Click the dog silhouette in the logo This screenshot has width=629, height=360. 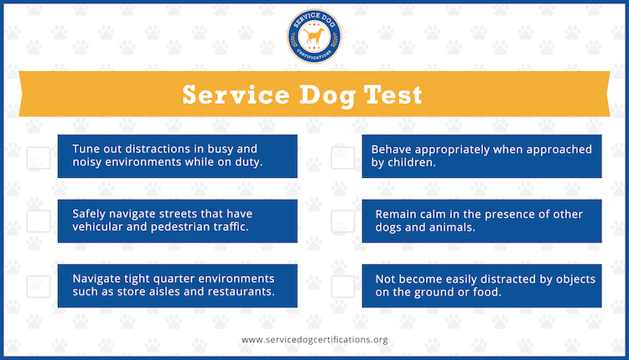click(x=314, y=36)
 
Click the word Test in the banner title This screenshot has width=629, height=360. click(x=392, y=95)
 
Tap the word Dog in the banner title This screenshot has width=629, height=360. click(x=327, y=96)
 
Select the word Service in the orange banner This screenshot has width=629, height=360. click(x=236, y=95)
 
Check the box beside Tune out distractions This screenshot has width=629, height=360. click(x=39, y=158)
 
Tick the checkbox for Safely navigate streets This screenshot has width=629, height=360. click(x=39, y=222)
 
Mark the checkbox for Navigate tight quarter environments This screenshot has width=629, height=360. click(x=39, y=286)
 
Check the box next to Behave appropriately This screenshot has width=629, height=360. click(x=343, y=158)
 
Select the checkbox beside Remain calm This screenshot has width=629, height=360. click(x=343, y=222)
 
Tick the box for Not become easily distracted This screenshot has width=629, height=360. click(x=343, y=286)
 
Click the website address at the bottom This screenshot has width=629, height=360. click(x=314, y=340)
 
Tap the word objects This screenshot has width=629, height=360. click(x=575, y=279)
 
